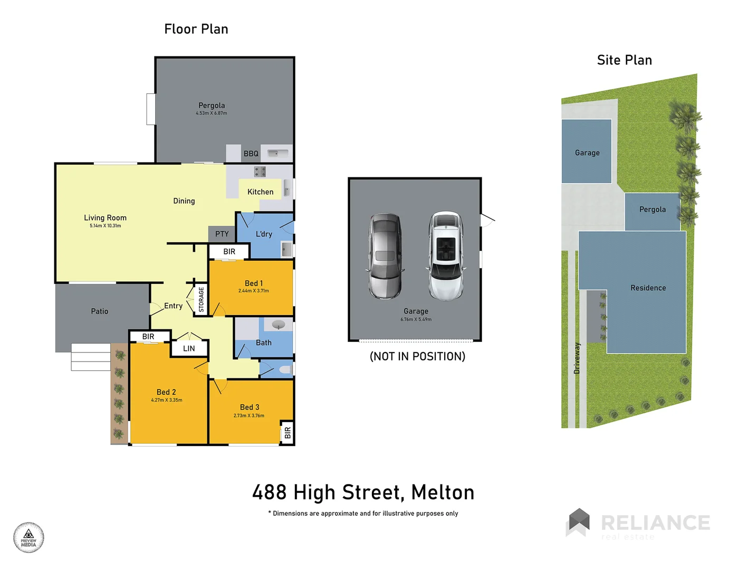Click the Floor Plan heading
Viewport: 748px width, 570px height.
[x=196, y=29]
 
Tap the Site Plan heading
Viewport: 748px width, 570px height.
[x=624, y=60]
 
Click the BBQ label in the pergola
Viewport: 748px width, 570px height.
[x=251, y=154]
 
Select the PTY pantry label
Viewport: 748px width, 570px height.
[x=222, y=234]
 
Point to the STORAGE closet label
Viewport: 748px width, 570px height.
[x=201, y=299]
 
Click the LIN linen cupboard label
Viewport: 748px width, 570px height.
[x=189, y=348]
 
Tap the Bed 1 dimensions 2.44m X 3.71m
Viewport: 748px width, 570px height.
[x=253, y=291]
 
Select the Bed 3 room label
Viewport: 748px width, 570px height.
[x=250, y=407]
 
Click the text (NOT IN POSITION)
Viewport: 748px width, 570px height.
[x=417, y=356]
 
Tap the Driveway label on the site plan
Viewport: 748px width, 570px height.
[x=577, y=358]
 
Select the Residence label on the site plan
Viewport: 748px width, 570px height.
[x=648, y=288]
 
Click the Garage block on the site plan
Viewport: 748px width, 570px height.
[x=587, y=152]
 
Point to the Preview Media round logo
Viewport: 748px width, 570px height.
[x=28, y=538]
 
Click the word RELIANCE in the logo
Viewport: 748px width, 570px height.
[x=655, y=522]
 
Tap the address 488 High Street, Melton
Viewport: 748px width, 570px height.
[x=363, y=492]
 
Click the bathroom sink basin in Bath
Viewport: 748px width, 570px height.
[x=278, y=325]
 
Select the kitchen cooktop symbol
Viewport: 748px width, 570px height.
[x=260, y=172]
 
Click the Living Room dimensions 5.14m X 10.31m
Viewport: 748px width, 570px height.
[x=105, y=226]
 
